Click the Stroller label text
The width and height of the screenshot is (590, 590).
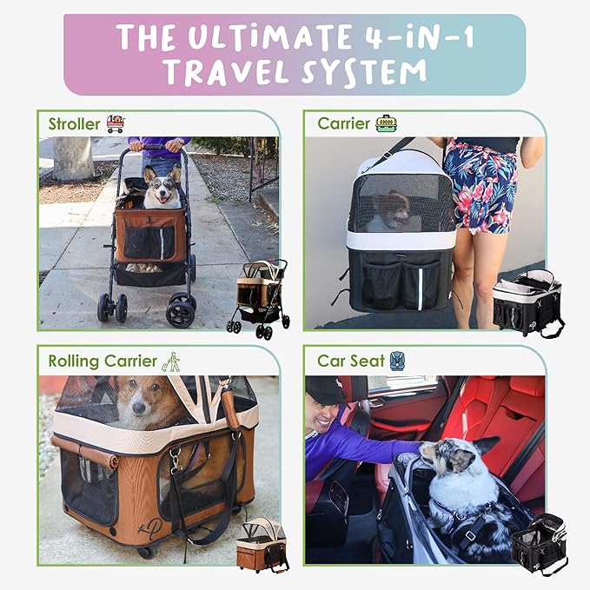(74, 124)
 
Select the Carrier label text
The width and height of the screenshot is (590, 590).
(343, 123)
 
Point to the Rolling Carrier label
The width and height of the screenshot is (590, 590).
(103, 361)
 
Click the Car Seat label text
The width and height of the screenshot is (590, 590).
(350, 361)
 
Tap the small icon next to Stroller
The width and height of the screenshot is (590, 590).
(115, 123)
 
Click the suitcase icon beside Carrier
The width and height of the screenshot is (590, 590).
(386, 123)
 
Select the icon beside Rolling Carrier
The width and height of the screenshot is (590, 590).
(173, 360)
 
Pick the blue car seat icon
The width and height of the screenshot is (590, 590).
(397, 360)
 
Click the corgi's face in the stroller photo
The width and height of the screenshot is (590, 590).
(162, 189)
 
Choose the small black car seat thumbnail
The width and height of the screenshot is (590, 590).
(540, 544)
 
